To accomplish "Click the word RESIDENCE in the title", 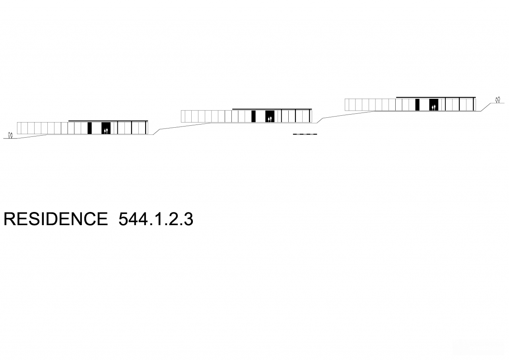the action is pyautogui.click(x=56, y=219).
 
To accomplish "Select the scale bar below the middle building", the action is pyautogui.click(x=305, y=134).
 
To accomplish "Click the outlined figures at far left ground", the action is pyautogui.click(x=10, y=135).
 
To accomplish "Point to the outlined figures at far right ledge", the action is pyautogui.click(x=498, y=100).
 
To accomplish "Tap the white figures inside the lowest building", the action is pyautogui.click(x=106, y=131).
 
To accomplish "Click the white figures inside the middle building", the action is pyautogui.click(x=270, y=119).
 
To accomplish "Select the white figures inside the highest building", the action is pyautogui.click(x=433, y=107).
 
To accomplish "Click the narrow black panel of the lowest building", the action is pyautogui.click(x=89, y=128).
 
